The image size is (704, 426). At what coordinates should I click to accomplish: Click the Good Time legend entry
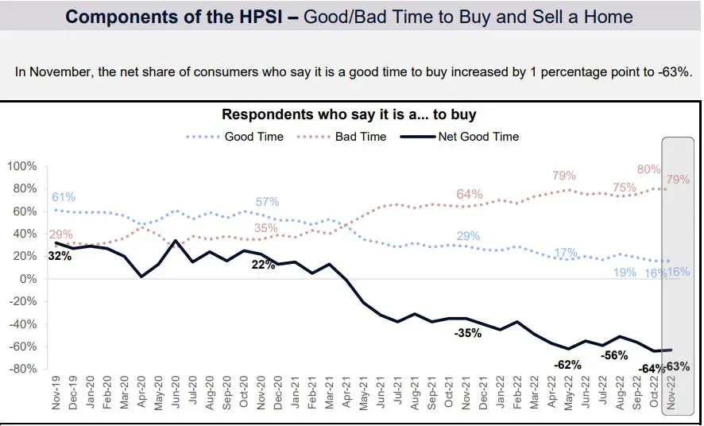pos(253,137)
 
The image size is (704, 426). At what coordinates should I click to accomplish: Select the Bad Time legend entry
pos(360,137)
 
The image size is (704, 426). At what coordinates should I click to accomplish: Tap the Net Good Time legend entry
pos(478,137)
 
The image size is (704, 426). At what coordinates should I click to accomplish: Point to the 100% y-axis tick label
pos(22,166)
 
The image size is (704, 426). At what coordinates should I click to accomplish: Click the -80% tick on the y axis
pos(22,370)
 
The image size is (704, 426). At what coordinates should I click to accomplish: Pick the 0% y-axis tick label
pos(27,279)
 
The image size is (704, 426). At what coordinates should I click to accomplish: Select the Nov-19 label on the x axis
pos(57,393)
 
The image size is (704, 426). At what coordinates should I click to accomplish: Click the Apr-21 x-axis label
pos(346,393)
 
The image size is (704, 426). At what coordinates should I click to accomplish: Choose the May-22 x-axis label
pos(568,393)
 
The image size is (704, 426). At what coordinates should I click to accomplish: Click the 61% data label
pos(64,197)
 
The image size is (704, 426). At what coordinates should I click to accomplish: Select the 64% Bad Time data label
pos(470,195)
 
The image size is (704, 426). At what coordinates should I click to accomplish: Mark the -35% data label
pos(467,333)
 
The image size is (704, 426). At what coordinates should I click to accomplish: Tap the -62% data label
pos(567,365)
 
